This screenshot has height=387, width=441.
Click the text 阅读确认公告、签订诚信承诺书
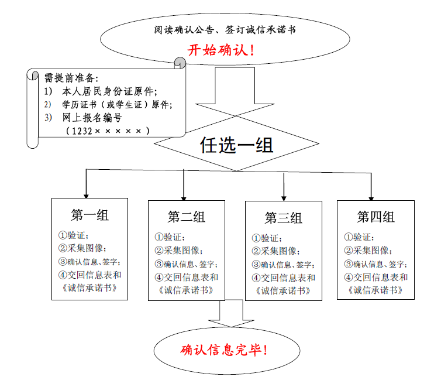tap(220, 29)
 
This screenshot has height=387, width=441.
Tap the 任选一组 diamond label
tap(236, 145)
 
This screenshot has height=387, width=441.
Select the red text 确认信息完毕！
tap(225, 350)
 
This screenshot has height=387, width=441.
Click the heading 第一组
tap(89, 215)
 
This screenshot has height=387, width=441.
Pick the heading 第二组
tap(186, 217)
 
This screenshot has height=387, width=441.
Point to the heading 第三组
tap(283, 218)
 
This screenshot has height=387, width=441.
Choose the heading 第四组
tap(375, 217)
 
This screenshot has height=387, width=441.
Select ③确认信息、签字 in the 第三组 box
tap(283, 265)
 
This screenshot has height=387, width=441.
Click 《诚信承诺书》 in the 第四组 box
tap(375, 290)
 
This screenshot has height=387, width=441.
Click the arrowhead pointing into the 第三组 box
tap(284, 197)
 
